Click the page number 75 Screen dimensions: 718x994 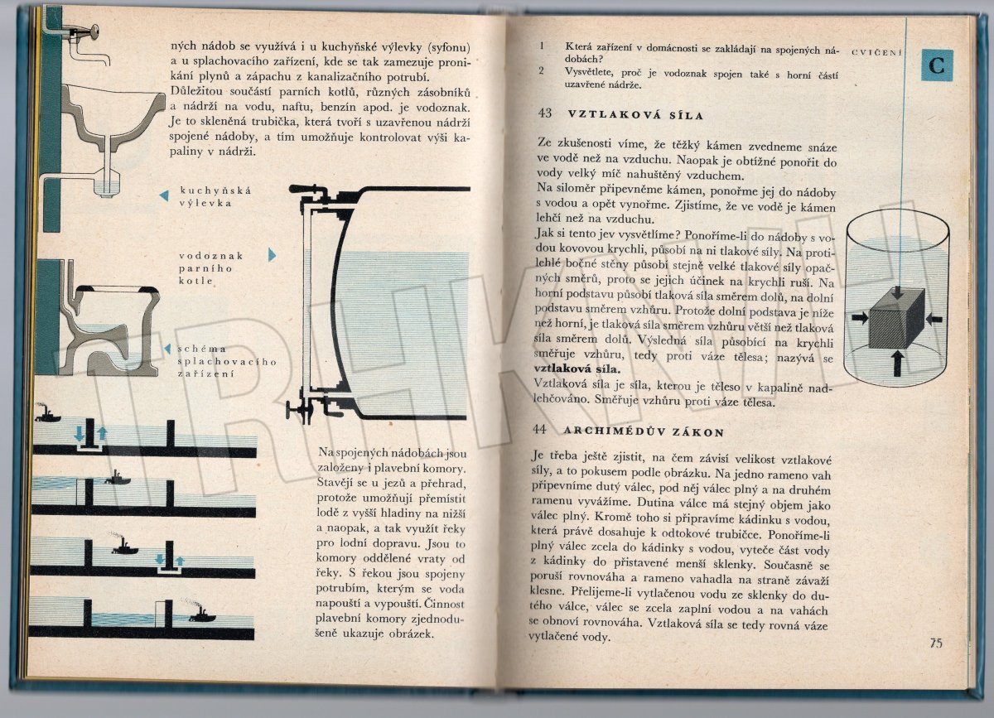pos(936,643)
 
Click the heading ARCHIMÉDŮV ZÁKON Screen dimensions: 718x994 pos(644,431)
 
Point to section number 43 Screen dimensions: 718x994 pos(544,113)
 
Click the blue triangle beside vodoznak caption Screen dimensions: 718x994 pos(272,255)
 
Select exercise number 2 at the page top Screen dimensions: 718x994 pos(541,71)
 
